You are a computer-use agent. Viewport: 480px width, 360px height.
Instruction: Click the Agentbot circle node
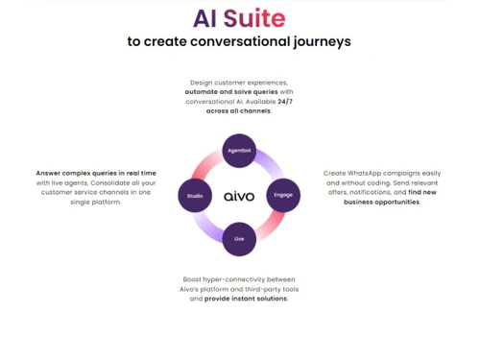coord(238,152)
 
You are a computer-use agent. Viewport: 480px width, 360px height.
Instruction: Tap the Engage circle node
coord(282,195)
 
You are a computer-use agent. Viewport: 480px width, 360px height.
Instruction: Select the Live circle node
coord(239,238)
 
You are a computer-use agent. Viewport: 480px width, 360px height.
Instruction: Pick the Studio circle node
coord(195,195)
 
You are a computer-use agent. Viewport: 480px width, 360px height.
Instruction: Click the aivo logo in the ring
coord(239,196)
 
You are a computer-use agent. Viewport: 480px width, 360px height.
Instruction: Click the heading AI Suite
coord(239,18)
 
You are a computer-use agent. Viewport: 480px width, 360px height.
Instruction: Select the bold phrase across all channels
coord(238,110)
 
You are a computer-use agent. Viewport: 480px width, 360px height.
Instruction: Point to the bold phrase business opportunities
coord(382,202)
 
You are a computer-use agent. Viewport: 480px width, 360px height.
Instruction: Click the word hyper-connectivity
coord(239,278)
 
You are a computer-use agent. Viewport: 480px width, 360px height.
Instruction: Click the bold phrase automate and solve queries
coord(228,91)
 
